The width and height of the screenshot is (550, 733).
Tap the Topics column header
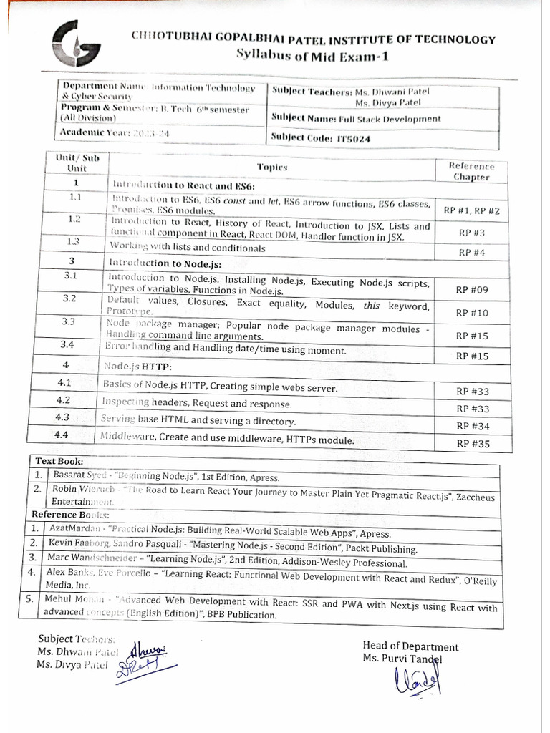click(x=271, y=167)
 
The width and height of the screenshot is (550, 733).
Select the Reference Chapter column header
click(x=472, y=171)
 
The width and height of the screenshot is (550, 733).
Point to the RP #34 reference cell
click(x=473, y=426)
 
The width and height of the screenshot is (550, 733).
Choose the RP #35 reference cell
click(x=473, y=444)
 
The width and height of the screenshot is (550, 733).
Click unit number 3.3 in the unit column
click(x=69, y=321)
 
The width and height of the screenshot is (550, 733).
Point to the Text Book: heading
click(x=57, y=462)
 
